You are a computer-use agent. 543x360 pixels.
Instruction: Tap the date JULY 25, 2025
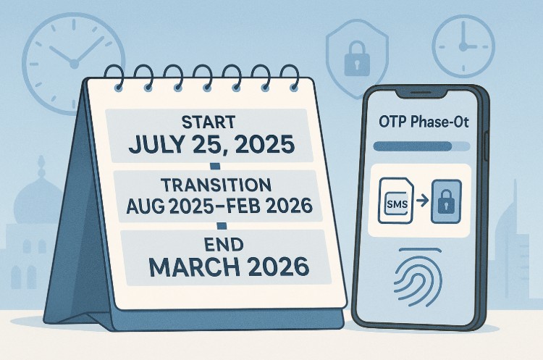[211, 144]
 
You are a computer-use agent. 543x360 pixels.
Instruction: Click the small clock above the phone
[463, 41]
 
